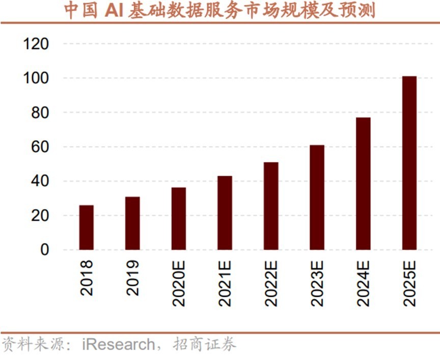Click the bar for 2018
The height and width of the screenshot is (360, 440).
pyautogui.click(x=86, y=228)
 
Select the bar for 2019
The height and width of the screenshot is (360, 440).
pyautogui.click(x=132, y=223)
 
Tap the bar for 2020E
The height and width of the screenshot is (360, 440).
pyautogui.click(x=179, y=219)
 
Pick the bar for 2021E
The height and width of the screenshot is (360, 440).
pyautogui.click(x=225, y=213)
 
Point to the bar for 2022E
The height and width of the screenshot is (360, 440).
pyautogui.click(x=271, y=206)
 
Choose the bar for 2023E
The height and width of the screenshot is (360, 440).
pyautogui.click(x=317, y=198)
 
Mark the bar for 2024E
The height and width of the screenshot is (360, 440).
pyautogui.click(x=363, y=184)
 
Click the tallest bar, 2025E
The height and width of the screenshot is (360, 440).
pyautogui.click(x=409, y=163)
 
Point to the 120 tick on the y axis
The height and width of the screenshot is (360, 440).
pyautogui.click(x=36, y=44)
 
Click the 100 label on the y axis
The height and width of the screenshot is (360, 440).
pyautogui.click(x=36, y=78)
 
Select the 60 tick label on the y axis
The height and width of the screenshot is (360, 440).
pyautogui.click(x=40, y=147)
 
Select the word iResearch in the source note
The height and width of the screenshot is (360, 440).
pyautogui.click(x=117, y=345)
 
